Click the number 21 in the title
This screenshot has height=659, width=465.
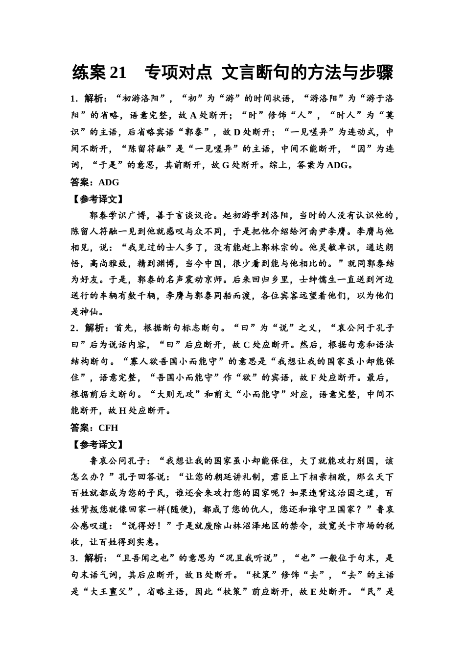[118, 73]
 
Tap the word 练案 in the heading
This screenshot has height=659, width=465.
[89, 73]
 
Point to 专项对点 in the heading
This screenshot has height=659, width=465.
[178, 73]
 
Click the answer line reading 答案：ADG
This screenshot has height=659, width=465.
[95, 182]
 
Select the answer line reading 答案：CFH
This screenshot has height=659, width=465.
[94, 428]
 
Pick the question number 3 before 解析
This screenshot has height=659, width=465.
[73, 558]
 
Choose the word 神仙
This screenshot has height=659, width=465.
[90, 312]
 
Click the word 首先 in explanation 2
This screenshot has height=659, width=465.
[124, 328]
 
